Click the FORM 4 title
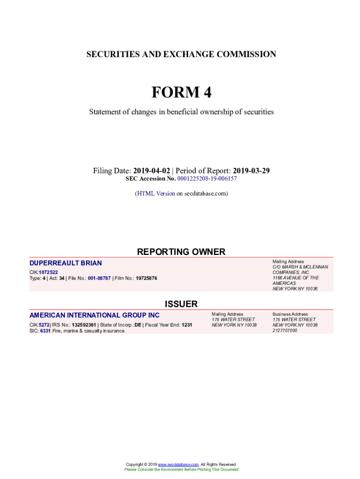click(x=181, y=93)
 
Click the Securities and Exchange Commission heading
click(x=181, y=54)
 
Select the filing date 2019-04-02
click(x=151, y=171)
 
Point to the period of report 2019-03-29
click(x=251, y=171)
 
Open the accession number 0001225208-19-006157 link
click(x=207, y=179)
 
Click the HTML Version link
click(x=156, y=193)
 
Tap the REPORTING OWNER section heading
click(x=181, y=252)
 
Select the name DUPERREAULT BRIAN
click(x=65, y=263)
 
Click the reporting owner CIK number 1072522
click(x=49, y=272)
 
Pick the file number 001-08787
click(x=96, y=278)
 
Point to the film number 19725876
click(x=146, y=278)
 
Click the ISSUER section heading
click(x=181, y=304)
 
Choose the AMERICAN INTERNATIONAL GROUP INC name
click(x=94, y=315)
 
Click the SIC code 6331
click(x=45, y=331)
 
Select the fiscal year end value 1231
click(x=187, y=325)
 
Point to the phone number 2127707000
click(x=285, y=331)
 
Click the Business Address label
click(x=290, y=314)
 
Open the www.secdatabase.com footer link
click(x=179, y=464)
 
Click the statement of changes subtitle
click(x=181, y=112)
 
